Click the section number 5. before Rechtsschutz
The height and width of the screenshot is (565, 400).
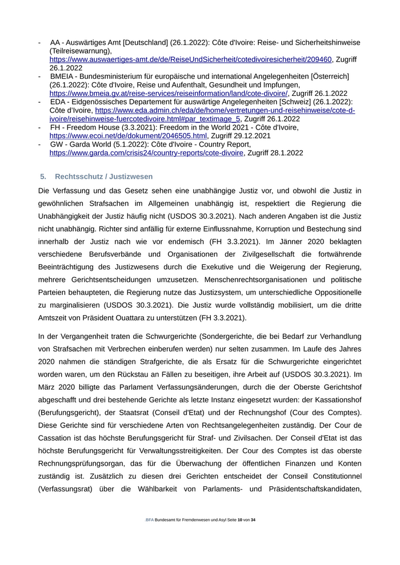click(43, 177)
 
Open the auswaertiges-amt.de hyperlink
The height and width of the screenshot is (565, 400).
click(190, 59)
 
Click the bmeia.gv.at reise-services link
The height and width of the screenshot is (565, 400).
click(169, 93)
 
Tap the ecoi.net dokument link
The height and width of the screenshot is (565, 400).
click(128, 136)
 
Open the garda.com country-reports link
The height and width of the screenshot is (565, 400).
click(146, 153)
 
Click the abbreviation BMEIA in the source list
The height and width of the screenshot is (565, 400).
click(62, 76)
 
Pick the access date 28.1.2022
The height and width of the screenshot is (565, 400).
click(284, 153)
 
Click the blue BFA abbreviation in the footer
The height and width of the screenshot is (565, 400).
click(150, 520)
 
